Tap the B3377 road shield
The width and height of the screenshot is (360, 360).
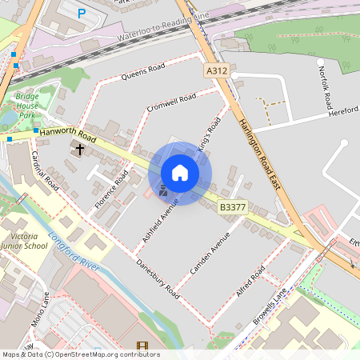[233, 207]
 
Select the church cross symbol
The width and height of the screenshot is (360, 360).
[79, 149]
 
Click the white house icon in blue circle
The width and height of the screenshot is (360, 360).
[180, 173]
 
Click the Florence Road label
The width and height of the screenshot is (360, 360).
[111, 190]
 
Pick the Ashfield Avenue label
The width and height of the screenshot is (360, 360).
[160, 220]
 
